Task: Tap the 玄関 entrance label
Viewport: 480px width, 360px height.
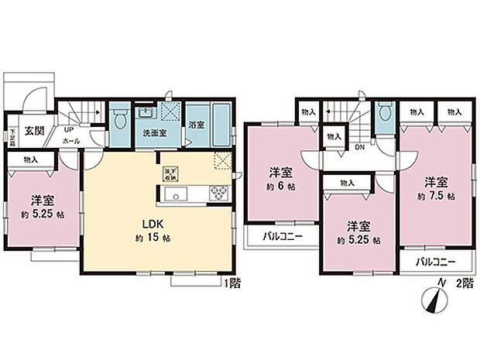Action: pos(33,131)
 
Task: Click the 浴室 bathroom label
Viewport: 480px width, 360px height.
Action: pos(197,125)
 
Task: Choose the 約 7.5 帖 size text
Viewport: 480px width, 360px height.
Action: pos(434,197)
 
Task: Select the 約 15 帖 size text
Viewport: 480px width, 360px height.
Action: pos(150,237)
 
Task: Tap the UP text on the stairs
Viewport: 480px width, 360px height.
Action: pos(68,130)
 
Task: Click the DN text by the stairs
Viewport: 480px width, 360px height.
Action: pos(359,146)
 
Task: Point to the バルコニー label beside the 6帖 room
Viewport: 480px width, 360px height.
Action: pos(276,236)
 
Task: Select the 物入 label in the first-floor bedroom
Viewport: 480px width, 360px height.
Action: pos(32,159)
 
